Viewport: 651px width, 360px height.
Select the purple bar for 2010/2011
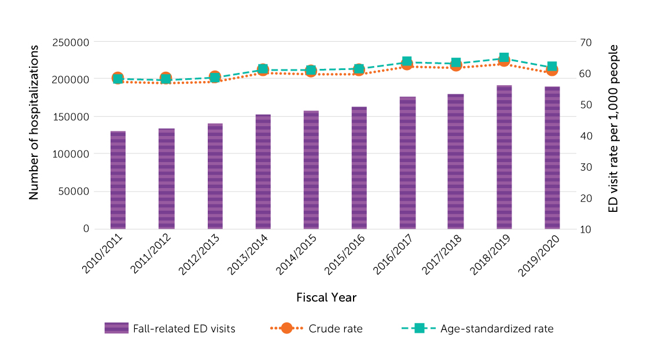[x=118, y=180]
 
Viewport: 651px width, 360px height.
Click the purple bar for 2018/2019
[x=504, y=157]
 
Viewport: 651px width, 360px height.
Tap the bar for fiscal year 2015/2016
[x=359, y=168]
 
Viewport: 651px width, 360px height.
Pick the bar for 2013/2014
[x=263, y=172]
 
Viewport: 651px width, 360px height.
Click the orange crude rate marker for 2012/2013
[x=215, y=77]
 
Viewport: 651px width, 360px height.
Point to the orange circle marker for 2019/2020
[x=552, y=70]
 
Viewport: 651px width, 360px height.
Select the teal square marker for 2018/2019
[x=504, y=58]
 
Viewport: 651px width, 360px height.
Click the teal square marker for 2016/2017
[x=407, y=62]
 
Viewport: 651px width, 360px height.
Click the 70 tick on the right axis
[x=585, y=42]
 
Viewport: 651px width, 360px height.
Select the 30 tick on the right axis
[x=585, y=167]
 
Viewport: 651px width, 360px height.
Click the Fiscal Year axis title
[x=326, y=297]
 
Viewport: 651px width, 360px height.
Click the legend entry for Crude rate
[x=335, y=329]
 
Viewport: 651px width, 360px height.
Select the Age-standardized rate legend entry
[x=496, y=329]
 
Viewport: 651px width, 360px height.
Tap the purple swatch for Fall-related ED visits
[x=116, y=328]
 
